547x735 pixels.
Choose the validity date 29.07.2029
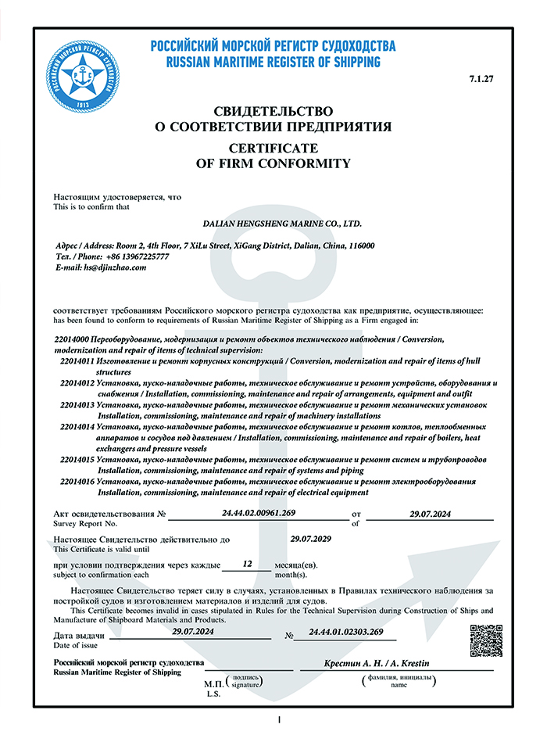pyautogui.click(x=311, y=539)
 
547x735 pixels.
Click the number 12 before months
pyautogui.click(x=248, y=563)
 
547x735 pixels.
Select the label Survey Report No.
pyautogui.click(x=84, y=523)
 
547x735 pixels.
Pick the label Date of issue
pyautogui.click(x=76, y=644)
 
